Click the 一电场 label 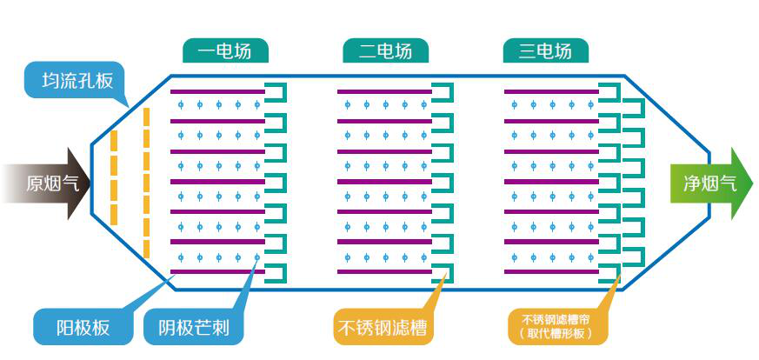(225, 51)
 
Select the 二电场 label (385, 51)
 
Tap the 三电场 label (545, 51)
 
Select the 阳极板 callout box (83, 328)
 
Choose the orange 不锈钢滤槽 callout (384, 328)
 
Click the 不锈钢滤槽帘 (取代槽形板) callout (557, 326)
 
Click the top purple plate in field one (217, 92)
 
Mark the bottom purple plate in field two (384, 271)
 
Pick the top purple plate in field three (551, 92)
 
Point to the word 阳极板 (83, 328)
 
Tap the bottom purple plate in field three (551, 271)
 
